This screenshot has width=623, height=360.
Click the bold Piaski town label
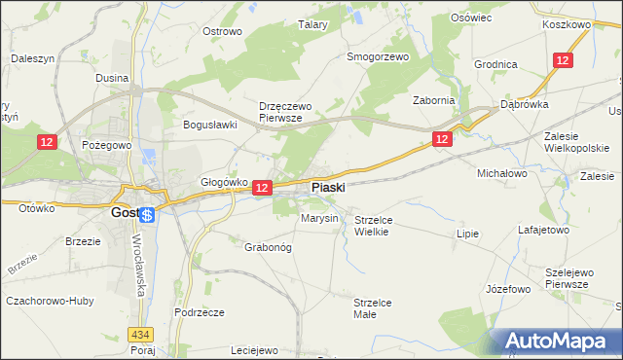click(x=327, y=187)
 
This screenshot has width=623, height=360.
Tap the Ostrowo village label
click(x=221, y=31)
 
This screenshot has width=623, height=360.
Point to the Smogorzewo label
click(x=379, y=56)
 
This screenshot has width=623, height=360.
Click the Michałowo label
click(x=500, y=172)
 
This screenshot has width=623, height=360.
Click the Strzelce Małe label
click(x=372, y=308)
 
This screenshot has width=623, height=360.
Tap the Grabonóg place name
click(x=268, y=246)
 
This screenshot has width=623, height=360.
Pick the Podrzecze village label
click(x=200, y=312)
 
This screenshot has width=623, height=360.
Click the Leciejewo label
click(x=255, y=350)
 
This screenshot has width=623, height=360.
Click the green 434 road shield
click(x=144, y=334)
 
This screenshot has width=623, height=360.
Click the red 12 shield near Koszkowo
click(x=563, y=60)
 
